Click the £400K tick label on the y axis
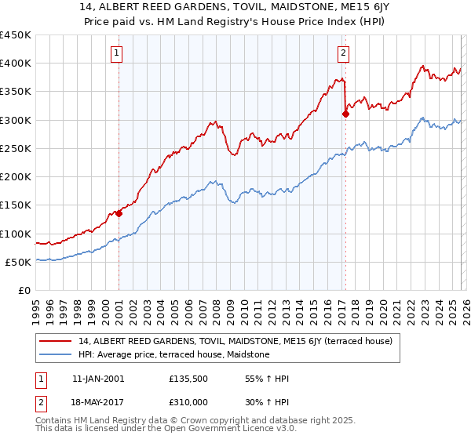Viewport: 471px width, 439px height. tap(16, 63)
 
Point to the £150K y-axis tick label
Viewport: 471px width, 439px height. tap(16, 205)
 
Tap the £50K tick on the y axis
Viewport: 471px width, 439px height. tap(18, 263)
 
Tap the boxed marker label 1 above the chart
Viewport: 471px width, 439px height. tap(117, 54)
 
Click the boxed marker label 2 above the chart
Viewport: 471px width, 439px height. tap(344, 54)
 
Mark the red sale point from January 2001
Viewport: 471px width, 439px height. tap(119, 212)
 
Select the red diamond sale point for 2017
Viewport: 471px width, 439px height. tap(345, 114)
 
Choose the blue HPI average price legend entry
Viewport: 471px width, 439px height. tap(173, 354)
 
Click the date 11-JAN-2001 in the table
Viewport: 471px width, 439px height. tap(97, 379)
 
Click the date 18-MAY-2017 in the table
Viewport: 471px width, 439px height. tap(97, 401)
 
